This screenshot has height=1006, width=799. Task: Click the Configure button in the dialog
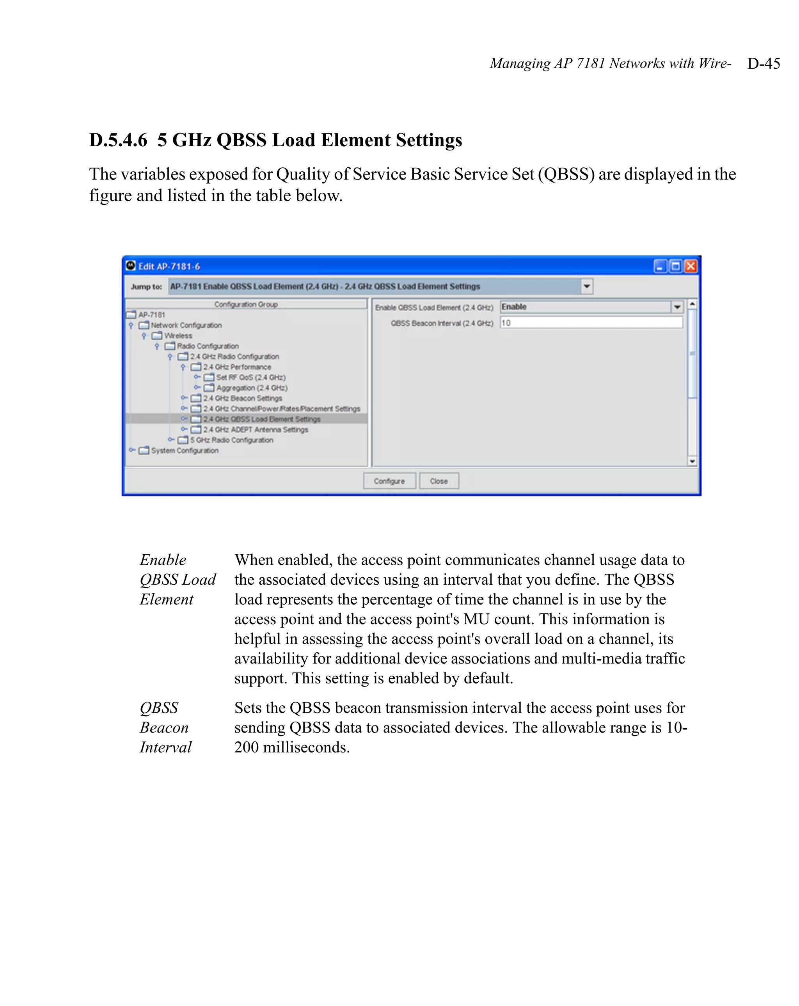click(389, 481)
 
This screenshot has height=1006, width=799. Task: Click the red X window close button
click(690, 266)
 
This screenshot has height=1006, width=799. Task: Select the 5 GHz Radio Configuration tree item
click(231, 440)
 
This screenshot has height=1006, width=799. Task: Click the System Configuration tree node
click(185, 450)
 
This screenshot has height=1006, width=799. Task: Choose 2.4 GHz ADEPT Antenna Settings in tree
click(255, 429)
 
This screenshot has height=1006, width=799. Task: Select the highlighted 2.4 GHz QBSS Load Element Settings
click(261, 419)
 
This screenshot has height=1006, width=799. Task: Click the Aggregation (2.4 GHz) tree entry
click(252, 388)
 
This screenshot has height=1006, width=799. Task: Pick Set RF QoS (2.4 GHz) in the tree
click(250, 377)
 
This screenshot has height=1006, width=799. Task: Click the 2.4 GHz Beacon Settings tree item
click(242, 398)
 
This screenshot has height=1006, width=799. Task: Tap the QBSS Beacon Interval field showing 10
click(591, 323)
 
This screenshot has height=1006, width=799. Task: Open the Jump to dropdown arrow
click(587, 286)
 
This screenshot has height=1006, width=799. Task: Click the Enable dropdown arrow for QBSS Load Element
click(677, 307)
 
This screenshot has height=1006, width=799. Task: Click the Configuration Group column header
click(246, 304)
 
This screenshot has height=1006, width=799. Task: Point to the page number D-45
click(763, 64)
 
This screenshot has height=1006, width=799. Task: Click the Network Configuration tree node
click(186, 325)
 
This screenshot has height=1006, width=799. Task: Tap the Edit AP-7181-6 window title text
click(169, 266)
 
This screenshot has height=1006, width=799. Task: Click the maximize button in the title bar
click(675, 266)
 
